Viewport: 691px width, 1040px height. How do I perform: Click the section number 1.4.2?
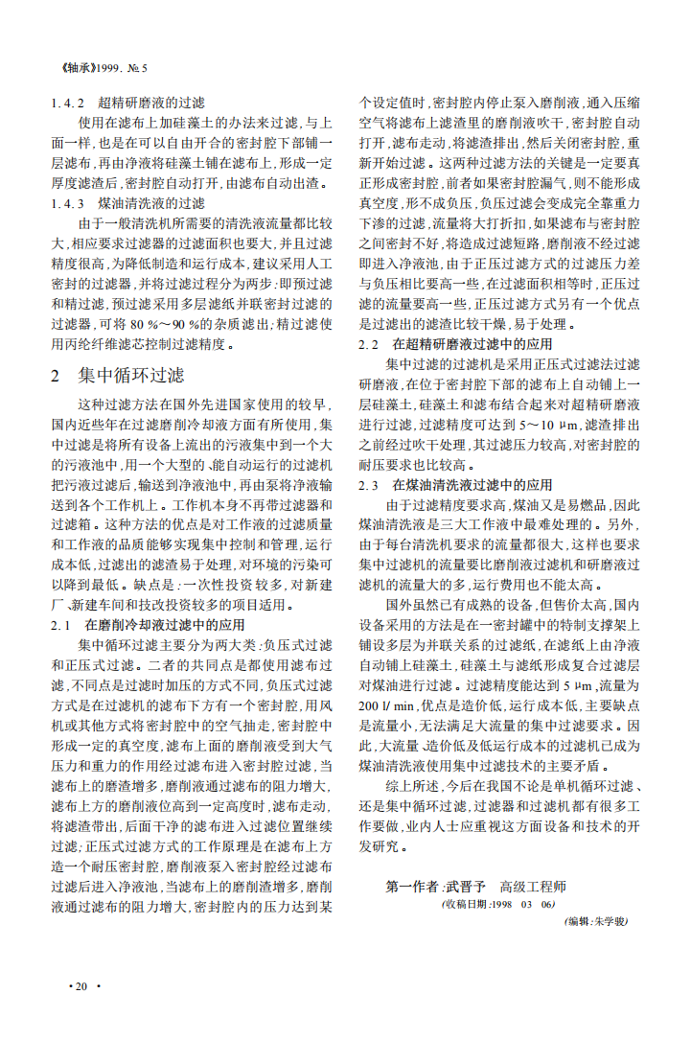tap(70, 103)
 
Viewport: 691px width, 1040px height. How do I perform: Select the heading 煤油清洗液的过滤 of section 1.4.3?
tap(151, 203)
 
